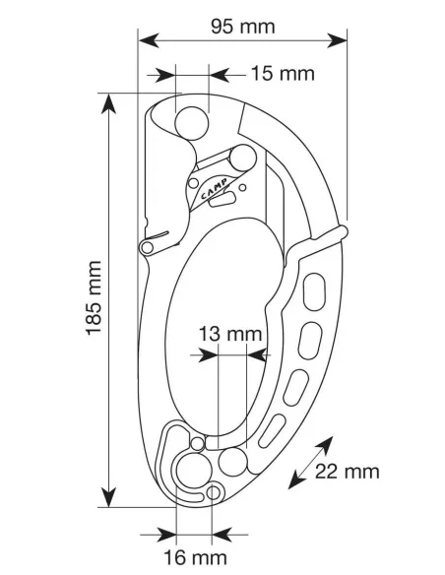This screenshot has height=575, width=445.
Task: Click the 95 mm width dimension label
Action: click(242, 27)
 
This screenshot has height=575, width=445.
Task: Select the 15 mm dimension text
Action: click(283, 73)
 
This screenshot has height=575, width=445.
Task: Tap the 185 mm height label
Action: click(94, 297)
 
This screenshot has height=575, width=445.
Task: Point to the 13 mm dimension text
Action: click(230, 334)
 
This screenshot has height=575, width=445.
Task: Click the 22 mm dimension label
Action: click(347, 472)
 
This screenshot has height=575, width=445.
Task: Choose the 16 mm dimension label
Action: click(195, 557)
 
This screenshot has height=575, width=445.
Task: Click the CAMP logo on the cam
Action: click(214, 188)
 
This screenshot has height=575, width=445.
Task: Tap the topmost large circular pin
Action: click(192, 124)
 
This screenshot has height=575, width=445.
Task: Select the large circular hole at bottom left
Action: click(194, 471)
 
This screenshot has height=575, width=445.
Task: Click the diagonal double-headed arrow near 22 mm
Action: click(310, 463)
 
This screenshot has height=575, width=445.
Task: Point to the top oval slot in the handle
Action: click(314, 291)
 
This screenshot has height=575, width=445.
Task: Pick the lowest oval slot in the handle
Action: click(272, 431)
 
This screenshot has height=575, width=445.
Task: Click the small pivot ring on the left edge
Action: click(147, 247)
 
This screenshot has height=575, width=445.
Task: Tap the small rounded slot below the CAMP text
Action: click(222, 200)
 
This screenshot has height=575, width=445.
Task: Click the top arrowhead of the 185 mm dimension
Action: click(109, 103)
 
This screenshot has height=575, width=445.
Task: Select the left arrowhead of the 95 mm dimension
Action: click(149, 40)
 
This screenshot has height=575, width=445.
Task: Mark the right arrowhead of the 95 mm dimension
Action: click(337, 40)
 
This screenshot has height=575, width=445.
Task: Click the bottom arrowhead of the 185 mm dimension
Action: click(109, 497)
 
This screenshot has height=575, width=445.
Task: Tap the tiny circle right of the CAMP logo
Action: click(242, 188)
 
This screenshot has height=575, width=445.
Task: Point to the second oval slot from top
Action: click(310, 341)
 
